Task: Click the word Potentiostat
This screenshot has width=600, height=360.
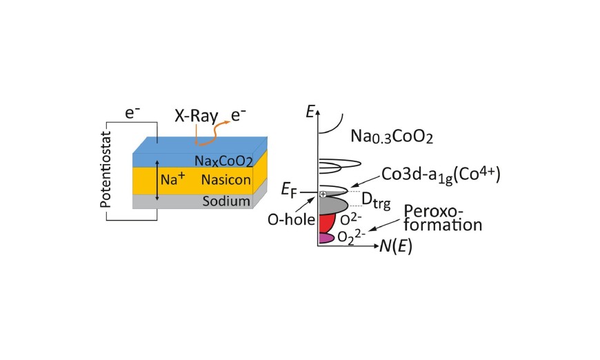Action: [x=106, y=170]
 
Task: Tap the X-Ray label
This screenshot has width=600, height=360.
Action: [x=197, y=116]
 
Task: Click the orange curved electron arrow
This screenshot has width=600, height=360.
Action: [x=212, y=134]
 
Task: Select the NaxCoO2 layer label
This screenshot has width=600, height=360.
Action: [x=224, y=161]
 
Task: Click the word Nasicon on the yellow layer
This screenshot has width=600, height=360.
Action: [x=226, y=180]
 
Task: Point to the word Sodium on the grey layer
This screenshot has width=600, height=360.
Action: [x=226, y=201]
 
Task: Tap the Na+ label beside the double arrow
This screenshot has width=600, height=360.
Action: [x=172, y=179]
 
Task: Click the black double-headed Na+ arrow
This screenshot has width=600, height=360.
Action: [x=157, y=180]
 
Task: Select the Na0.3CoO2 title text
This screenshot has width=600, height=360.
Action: [x=392, y=137]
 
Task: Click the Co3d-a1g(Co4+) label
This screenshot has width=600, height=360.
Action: [x=441, y=175]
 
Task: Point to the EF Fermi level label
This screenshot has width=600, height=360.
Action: [x=289, y=190]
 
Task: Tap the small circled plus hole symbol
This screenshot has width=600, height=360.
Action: [x=323, y=194]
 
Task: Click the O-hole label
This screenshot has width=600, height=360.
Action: [x=291, y=219]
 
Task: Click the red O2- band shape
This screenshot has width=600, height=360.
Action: [x=328, y=223]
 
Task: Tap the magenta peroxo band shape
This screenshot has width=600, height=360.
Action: [x=326, y=238]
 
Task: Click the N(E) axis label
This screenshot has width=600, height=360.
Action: [x=396, y=247]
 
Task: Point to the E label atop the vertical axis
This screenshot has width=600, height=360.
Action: [x=310, y=111]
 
